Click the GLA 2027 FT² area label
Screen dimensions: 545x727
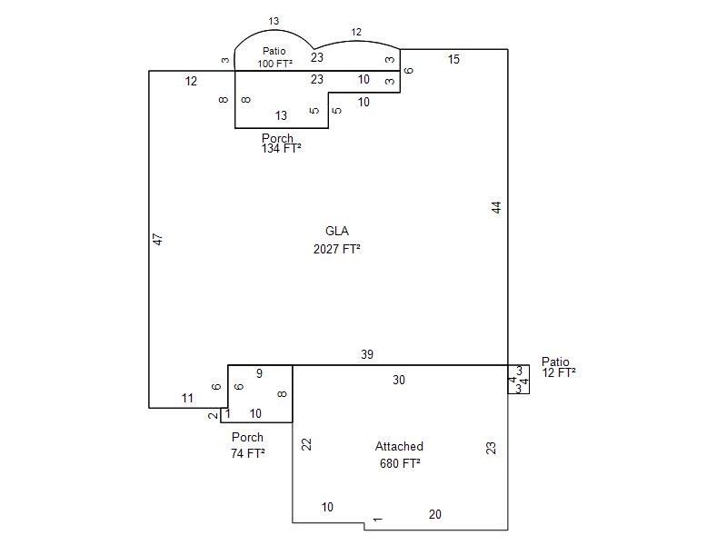pyautogui.click(x=337, y=240)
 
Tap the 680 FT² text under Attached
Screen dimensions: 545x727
pyautogui.click(x=400, y=463)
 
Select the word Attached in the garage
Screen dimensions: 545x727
pyautogui.click(x=399, y=446)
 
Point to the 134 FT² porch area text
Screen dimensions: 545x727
pyautogui.click(x=281, y=148)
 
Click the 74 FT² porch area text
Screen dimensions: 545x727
pyautogui.click(x=248, y=452)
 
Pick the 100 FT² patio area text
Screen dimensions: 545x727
pyautogui.click(x=274, y=64)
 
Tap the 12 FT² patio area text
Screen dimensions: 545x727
pyautogui.click(x=559, y=372)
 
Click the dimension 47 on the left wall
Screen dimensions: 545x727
pyautogui.click(x=157, y=239)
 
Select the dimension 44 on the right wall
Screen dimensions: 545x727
pyautogui.click(x=496, y=207)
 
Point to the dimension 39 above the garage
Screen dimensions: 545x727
pyautogui.click(x=366, y=354)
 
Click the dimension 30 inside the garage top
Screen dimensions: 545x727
pyautogui.click(x=398, y=380)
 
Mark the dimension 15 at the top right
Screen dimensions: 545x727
pyautogui.click(x=453, y=59)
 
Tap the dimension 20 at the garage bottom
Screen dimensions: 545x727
pyautogui.click(x=434, y=514)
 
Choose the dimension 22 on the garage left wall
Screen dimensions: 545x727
pyautogui.click(x=307, y=443)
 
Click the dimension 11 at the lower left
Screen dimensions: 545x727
pyautogui.click(x=187, y=398)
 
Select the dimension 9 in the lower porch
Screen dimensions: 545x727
pyautogui.click(x=259, y=373)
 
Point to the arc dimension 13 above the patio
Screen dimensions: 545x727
pyautogui.click(x=274, y=21)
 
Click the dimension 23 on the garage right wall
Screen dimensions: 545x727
pyautogui.click(x=492, y=447)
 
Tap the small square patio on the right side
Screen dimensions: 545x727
pyautogui.click(x=518, y=380)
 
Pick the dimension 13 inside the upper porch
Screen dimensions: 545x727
pyautogui.click(x=281, y=115)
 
